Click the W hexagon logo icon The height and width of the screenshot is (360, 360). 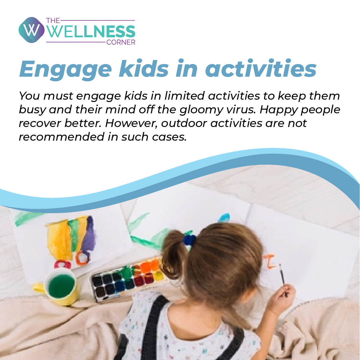31,30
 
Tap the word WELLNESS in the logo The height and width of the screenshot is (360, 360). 91,32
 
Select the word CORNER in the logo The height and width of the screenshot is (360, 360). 121,42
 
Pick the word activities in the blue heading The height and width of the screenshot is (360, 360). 261,68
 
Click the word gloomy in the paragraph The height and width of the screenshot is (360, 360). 201,110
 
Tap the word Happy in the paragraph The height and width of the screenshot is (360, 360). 278,110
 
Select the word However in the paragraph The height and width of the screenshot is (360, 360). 131,123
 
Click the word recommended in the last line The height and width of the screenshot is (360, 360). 62,137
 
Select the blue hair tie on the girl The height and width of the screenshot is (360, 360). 189,240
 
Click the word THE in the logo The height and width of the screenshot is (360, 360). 53,21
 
